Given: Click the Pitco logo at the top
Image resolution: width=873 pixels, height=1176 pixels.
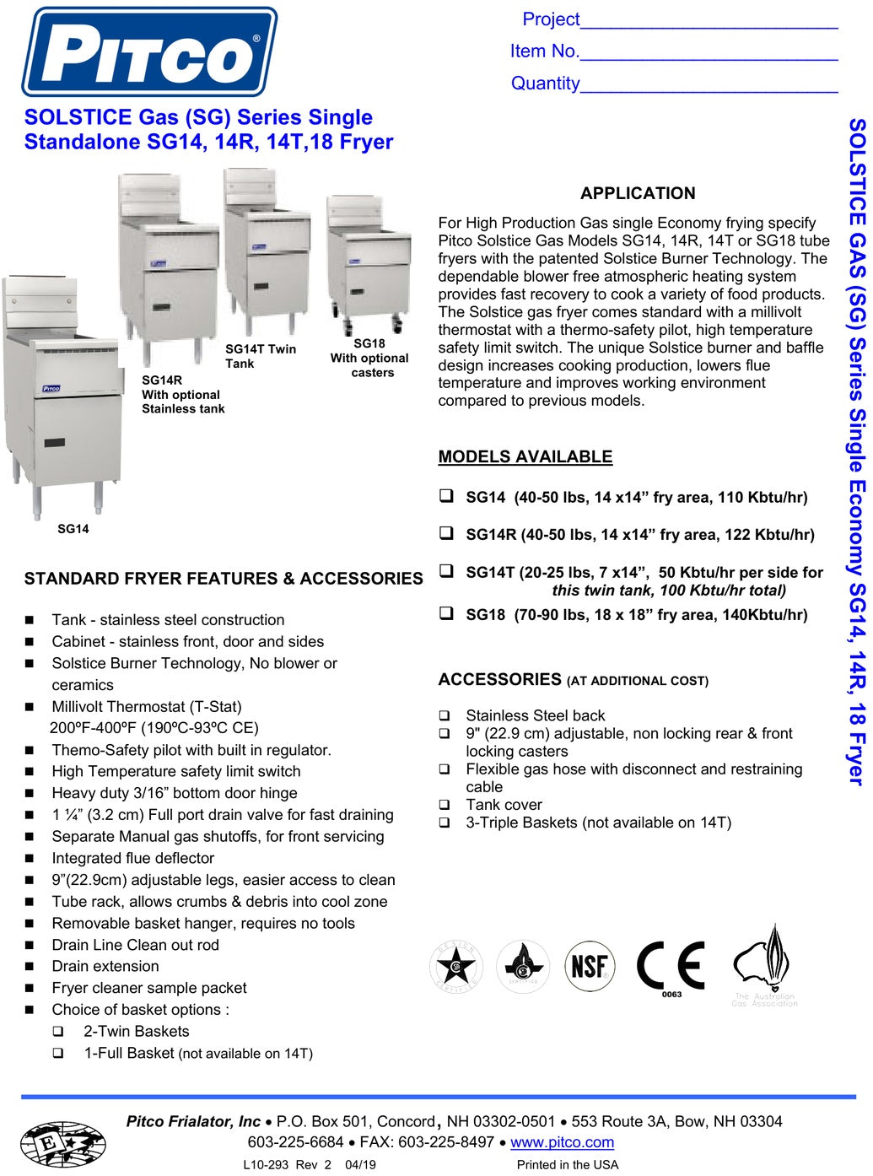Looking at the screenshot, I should click(149, 52).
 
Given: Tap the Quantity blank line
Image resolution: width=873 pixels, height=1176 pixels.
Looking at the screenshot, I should click(709, 84).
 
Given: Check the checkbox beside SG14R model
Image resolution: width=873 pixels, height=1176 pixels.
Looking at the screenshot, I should click(446, 533).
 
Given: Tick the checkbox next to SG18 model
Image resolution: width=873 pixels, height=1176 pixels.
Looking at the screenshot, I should click(446, 613).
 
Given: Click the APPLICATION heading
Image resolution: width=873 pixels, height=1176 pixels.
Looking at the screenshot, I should click(638, 193).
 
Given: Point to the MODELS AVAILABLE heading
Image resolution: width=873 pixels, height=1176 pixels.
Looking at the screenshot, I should click(525, 456).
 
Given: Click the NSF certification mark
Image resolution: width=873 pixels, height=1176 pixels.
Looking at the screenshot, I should click(590, 965).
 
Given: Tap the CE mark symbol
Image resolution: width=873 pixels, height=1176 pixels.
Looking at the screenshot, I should click(671, 965).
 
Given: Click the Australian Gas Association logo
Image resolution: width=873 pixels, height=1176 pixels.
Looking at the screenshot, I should click(763, 966).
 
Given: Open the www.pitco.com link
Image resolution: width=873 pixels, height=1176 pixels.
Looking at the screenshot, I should click(562, 1142).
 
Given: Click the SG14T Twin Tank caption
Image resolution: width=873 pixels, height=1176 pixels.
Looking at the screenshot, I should click(260, 356).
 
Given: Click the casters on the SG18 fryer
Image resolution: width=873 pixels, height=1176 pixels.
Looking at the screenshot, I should click(371, 324).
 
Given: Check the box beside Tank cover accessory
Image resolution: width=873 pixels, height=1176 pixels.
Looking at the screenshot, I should click(445, 805).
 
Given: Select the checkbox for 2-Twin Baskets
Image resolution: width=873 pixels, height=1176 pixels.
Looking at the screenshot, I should click(58, 1031).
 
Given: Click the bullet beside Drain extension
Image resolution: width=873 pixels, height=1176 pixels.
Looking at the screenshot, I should click(30, 967).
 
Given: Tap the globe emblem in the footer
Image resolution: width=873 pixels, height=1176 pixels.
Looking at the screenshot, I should click(62, 1144).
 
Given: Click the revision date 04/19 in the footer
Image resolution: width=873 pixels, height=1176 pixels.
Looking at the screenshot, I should click(360, 1165).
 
